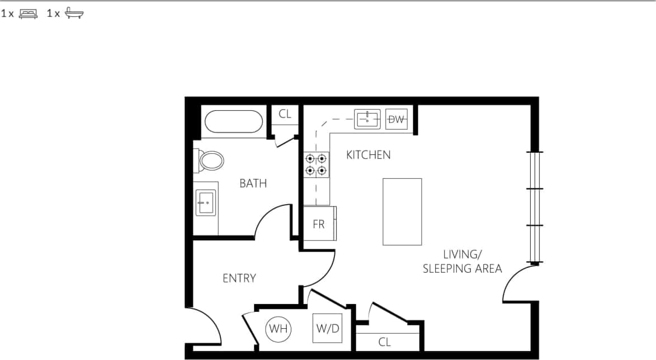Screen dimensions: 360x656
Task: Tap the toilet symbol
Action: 211,161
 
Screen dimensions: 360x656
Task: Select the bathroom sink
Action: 206,203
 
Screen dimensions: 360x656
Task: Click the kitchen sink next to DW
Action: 367,119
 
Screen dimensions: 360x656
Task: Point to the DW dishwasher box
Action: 397,119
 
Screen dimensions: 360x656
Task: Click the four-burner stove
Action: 316,164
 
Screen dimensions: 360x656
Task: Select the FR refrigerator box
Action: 319,224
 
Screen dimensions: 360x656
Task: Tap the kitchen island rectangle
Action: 402,211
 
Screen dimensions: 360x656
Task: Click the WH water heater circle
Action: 278,329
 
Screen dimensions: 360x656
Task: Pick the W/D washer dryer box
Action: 327,328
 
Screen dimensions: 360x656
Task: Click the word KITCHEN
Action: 368,155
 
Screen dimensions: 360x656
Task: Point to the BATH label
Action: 253,183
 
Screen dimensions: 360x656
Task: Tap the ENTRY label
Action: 239,278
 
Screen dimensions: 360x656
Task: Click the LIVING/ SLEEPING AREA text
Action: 462,261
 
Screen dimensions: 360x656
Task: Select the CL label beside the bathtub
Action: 285,114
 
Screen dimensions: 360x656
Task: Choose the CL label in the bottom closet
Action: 384,342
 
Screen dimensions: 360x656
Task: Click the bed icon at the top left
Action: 28,14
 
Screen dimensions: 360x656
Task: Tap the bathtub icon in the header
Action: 74,14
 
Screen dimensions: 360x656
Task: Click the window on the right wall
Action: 536,207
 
